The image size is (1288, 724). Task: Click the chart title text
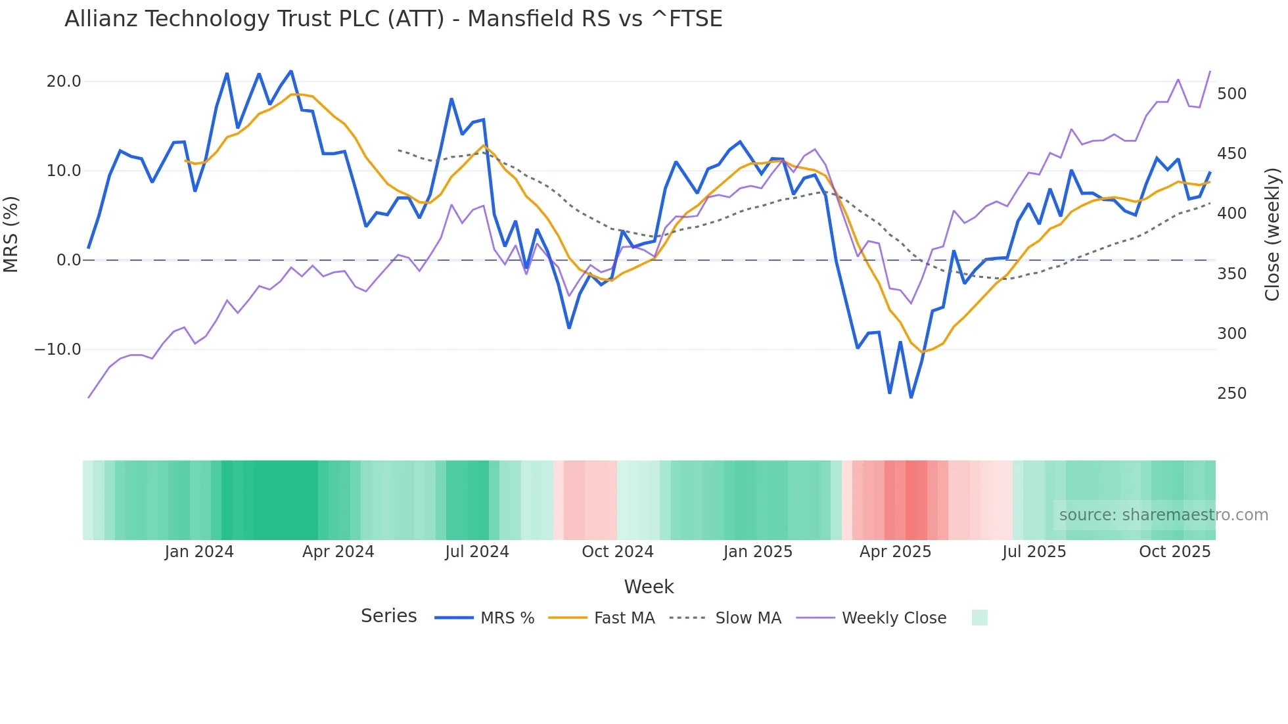(393, 19)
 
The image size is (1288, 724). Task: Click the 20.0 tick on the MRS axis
(64, 81)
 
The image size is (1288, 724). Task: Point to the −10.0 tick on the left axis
(58, 350)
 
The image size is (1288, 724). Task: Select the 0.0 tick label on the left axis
(68, 260)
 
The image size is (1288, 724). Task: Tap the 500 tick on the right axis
(1231, 94)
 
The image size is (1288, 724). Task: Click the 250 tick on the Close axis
(1231, 394)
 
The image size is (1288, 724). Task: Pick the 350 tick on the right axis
(1231, 274)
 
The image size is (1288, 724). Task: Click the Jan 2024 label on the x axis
(199, 552)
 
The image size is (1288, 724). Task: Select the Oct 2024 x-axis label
(617, 552)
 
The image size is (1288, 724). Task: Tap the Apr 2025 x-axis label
(895, 552)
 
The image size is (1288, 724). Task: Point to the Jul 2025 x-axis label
(1034, 552)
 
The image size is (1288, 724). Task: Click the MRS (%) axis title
(11, 234)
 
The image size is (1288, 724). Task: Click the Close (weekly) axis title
(1272, 234)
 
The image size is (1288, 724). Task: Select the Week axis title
(649, 587)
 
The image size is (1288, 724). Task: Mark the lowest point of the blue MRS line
(911, 397)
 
